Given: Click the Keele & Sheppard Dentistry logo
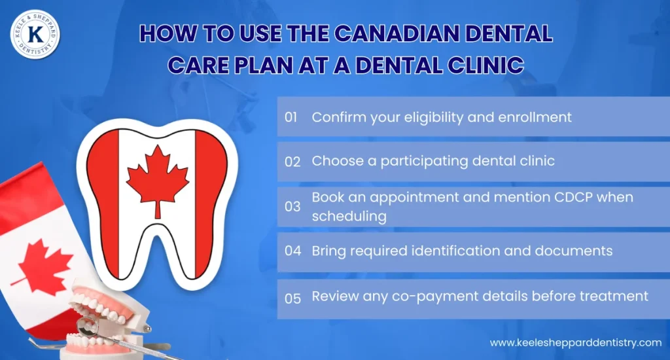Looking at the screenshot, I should tap(35, 34).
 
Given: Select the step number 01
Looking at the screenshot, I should tap(292, 117).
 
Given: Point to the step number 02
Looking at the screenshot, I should tap(292, 162).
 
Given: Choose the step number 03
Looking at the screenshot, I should tap(292, 206).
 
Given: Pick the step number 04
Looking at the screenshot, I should tap(292, 251).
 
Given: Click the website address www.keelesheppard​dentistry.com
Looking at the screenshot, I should tap(576, 342).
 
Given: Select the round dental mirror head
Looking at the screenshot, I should tap(87, 325).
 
